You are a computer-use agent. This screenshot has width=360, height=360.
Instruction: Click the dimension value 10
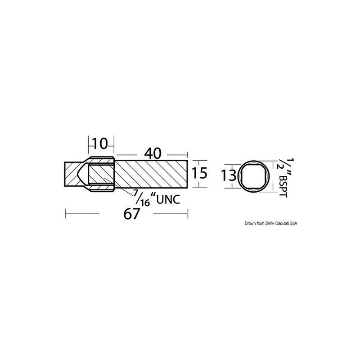[100, 144]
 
